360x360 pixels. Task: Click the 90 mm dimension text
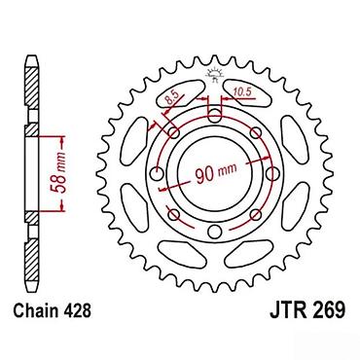(x=216, y=173)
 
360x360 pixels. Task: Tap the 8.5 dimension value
(x=173, y=97)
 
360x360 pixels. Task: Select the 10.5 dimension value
(x=242, y=92)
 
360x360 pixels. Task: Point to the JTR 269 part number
(x=307, y=309)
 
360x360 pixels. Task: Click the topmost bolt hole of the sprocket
(x=214, y=115)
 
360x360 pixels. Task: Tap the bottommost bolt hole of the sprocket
(x=214, y=231)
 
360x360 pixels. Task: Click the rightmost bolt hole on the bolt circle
(x=272, y=173)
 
